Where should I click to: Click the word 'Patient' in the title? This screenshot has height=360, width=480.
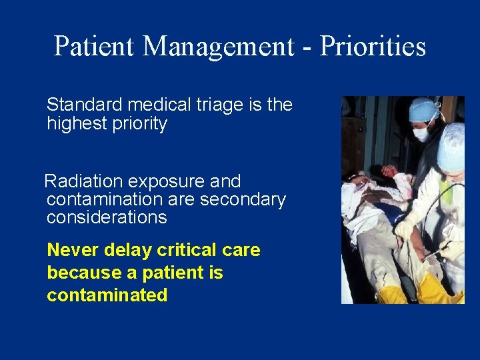tap(95, 47)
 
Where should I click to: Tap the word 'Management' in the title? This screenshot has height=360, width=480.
tap(217, 47)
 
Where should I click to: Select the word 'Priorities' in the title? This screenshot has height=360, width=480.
tap(372, 47)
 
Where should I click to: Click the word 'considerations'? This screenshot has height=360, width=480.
tap(107, 217)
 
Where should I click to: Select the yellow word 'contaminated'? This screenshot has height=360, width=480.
tap(107, 295)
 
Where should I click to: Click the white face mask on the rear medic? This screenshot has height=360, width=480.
tap(421, 134)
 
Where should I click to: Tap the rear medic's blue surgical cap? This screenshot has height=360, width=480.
tap(424, 109)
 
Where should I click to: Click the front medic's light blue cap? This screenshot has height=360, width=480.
tap(451, 147)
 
